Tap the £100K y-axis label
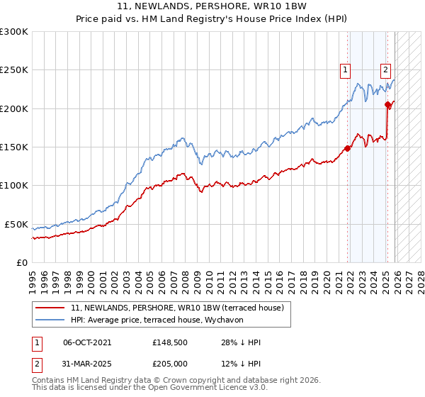14,185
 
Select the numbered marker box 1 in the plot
345,69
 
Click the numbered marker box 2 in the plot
385,69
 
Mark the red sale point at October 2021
347,148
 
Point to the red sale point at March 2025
388,105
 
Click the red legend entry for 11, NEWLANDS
177,308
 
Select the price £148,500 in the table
169,342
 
